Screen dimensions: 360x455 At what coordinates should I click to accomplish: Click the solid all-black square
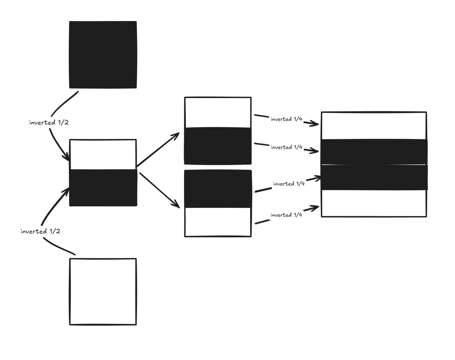[x=103, y=54]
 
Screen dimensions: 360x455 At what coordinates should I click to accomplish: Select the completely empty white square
[x=103, y=291]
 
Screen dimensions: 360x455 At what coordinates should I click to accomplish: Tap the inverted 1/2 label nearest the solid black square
[x=49, y=123]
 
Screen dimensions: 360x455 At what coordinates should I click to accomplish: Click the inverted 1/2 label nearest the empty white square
[x=40, y=231]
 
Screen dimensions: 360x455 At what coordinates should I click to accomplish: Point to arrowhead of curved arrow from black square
[x=67, y=157]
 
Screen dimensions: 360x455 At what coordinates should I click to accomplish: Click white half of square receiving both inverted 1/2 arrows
[x=103, y=155]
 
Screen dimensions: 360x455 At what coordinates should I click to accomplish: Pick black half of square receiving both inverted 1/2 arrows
[x=103, y=188]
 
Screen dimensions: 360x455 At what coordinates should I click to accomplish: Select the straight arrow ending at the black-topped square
[x=159, y=189]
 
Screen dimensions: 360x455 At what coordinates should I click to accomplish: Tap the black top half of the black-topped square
[x=218, y=189]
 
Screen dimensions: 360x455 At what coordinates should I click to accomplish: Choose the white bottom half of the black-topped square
[x=218, y=222]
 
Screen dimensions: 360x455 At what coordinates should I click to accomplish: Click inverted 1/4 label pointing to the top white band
[x=286, y=119]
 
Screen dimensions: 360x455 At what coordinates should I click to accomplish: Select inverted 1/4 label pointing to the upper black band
[x=286, y=147]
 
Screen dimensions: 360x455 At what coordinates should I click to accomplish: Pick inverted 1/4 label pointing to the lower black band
[x=289, y=184]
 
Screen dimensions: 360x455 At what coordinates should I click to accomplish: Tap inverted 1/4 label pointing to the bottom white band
[x=286, y=215]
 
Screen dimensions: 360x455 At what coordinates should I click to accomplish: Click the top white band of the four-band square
[x=374, y=126]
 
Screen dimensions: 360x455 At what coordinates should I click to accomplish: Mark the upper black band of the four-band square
[x=374, y=152]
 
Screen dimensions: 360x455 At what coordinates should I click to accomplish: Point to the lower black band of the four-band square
[x=374, y=177]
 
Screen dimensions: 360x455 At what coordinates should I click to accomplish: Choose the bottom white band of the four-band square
[x=374, y=203]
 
